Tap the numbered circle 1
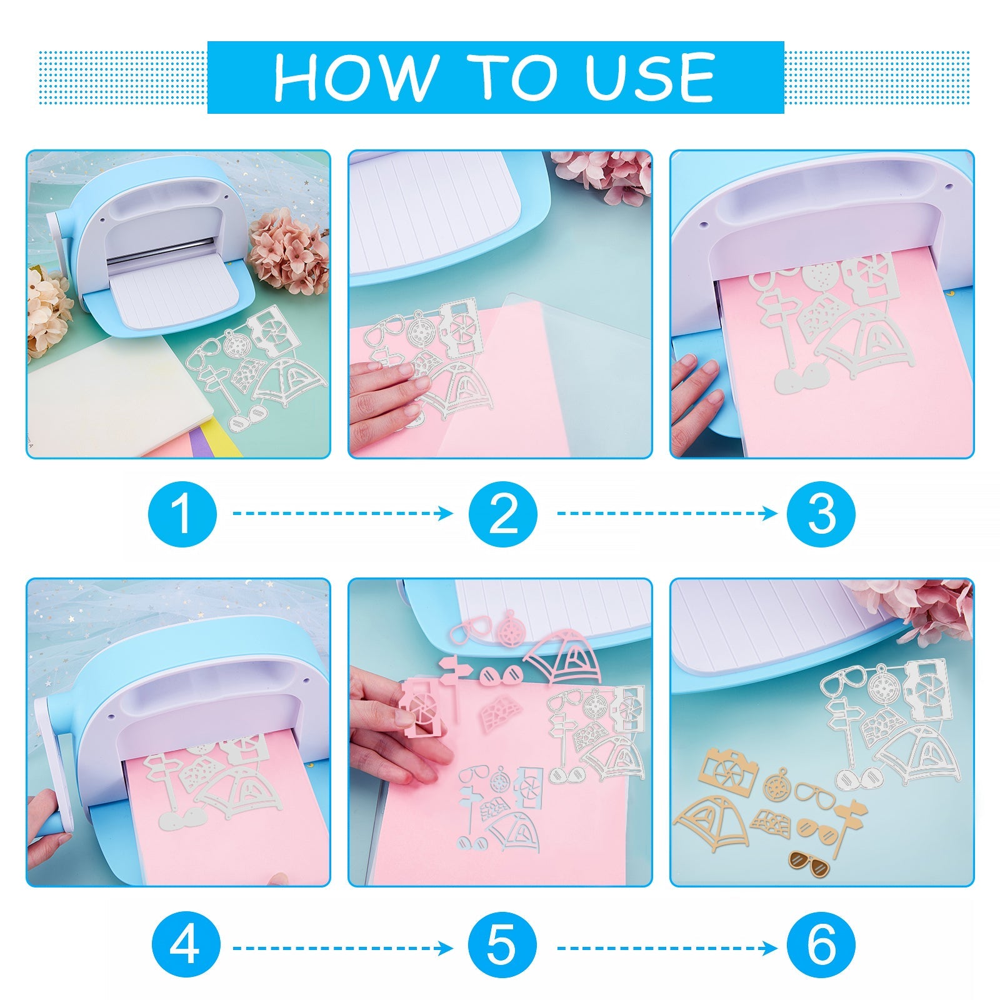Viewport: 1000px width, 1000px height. click(182, 514)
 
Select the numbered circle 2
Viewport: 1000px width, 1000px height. click(503, 514)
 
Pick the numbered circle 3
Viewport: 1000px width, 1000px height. click(821, 514)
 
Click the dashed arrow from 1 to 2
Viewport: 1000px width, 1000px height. click(343, 514)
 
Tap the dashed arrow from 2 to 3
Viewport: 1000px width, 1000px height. click(667, 514)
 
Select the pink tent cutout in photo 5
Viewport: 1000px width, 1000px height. click(562, 659)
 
